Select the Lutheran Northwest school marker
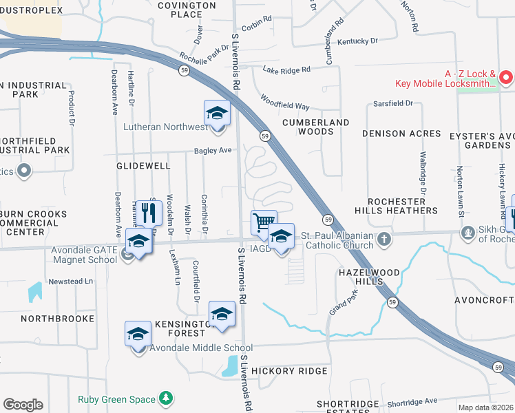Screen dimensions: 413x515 [217, 113]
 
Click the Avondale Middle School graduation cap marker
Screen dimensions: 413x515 [138, 334]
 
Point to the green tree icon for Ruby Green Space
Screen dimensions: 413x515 [165, 397]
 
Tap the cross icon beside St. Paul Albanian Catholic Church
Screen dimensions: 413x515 [384, 240]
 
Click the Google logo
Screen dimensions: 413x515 [23, 405]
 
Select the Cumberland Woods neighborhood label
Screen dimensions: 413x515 [316, 127]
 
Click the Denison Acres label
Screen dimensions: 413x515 [401, 134]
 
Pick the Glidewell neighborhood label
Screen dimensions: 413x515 [143, 166]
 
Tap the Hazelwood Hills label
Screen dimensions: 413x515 [369, 277]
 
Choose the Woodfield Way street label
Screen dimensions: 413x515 [284, 102]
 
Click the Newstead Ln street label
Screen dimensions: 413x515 [70, 282]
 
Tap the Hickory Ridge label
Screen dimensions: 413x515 [289, 371]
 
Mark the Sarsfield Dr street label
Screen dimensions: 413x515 [392, 103]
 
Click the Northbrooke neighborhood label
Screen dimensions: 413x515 [57, 319]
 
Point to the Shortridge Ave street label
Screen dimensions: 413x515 [412, 401]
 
